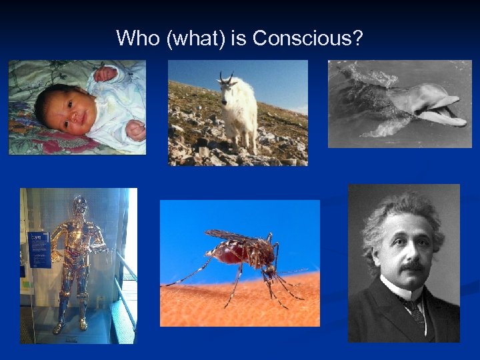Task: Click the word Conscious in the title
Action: [x=307, y=38]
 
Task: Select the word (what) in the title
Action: [x=196, y=39]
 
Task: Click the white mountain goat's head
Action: [x=227, y=86]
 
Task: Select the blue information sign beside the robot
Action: [x=39, y=250]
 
